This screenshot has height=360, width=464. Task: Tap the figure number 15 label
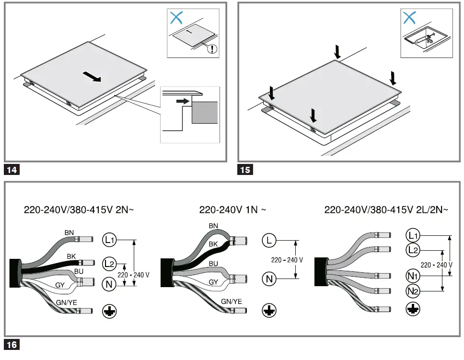coord(245,169)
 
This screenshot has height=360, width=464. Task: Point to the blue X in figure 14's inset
coord(176,18)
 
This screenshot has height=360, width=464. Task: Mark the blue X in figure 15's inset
coord(409,18)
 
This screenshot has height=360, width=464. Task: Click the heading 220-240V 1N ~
coord(232,210)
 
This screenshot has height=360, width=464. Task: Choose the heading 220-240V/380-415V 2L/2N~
coord(386,210)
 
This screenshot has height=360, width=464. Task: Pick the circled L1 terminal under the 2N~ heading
coord(109,239)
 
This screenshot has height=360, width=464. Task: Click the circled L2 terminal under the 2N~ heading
coord(109,262)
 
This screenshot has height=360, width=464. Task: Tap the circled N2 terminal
coord(412,290)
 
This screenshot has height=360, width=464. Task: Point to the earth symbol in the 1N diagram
coord(269,311)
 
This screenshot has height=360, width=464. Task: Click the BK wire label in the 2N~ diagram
coord(71,256)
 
